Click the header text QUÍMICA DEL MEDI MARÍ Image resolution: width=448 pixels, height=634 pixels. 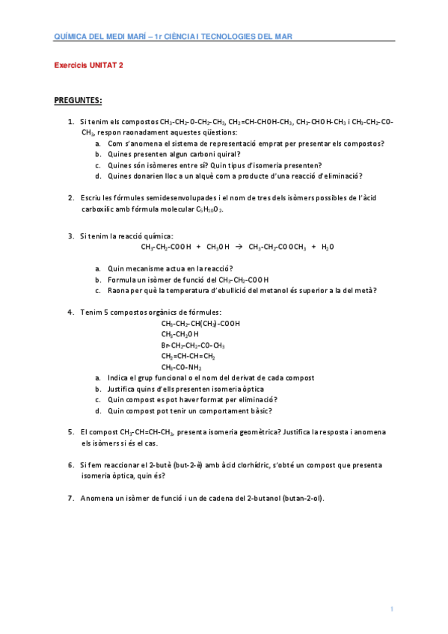[x=100, y=35]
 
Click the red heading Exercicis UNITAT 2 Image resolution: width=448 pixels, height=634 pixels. [x=89, y=65]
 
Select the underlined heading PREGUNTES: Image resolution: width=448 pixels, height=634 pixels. [x=79, y=100]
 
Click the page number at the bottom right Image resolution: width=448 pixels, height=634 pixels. [x=391, y=610]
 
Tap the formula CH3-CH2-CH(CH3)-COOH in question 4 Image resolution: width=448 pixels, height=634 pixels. [x=200, y=323]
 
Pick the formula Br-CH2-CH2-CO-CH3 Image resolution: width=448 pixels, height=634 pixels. [x=193, y=345]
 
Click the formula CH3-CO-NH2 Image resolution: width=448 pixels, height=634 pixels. [x=182, y=367]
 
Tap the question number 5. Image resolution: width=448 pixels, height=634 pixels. [x=70, y=431]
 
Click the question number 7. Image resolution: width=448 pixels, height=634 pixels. [x=70, y=497]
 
